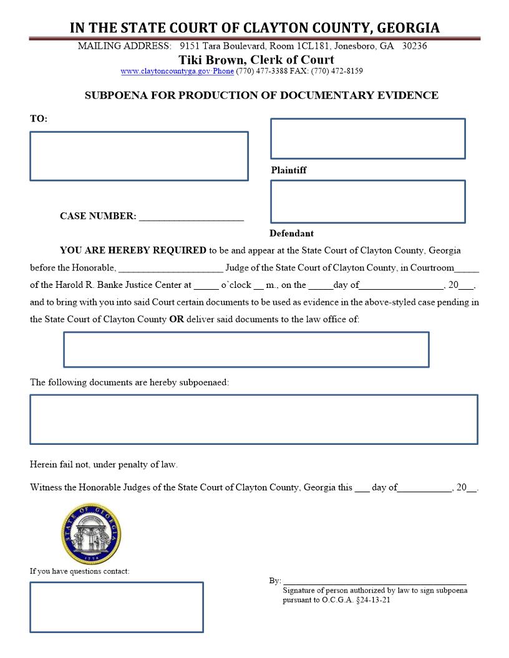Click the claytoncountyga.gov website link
[x=177, y=71]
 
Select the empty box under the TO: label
[x=138, y=156]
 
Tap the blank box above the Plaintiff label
[x=367, y=138]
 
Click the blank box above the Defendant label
[x=367, y=201]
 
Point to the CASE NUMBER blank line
[x=191, y=217]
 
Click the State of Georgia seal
[x=90, y=534]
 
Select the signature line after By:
[x=374, y=581]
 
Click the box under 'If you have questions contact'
[x=117, y=607]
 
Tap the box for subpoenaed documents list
[x=253, y=419]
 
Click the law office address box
[x=246, y=350]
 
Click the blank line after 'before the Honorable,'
[x=170, y=269]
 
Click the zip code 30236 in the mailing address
[x=415, y=46]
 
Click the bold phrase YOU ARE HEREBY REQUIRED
[x=133, y=250]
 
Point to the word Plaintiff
[x=289, y=170]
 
